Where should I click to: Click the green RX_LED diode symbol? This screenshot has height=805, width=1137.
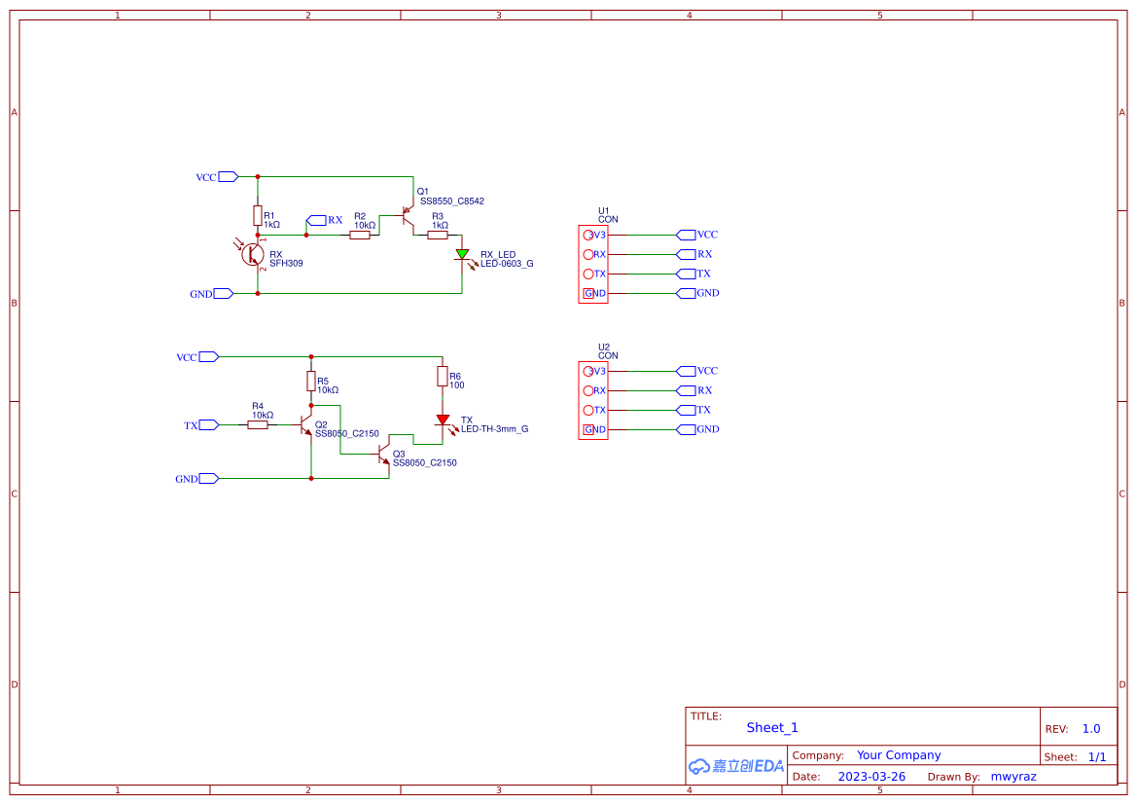point(462,254)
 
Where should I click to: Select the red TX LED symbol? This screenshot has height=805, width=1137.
point(443,420)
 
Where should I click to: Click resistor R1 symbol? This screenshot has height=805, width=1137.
point(258,215)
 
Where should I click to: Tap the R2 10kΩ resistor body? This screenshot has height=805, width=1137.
point(360,235)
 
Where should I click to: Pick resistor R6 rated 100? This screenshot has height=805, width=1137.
point(443,377)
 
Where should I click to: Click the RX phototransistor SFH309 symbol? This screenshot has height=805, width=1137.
point(253,254)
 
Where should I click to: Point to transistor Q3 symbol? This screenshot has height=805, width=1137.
point(384,455)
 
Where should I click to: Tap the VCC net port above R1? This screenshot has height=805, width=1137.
point(229,176)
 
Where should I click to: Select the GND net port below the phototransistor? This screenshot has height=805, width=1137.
point(223,293)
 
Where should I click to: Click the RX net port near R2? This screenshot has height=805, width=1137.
point(316,220)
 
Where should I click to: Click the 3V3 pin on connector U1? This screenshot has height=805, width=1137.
point(588,235)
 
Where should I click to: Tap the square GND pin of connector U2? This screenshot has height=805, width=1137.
point(588,429)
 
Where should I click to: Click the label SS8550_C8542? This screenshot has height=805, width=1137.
point(451,201)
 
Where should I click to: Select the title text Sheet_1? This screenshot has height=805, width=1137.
point(772,727)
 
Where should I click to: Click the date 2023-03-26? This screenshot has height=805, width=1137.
point(871,777)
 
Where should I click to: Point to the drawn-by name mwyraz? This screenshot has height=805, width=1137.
point(1013,777)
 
